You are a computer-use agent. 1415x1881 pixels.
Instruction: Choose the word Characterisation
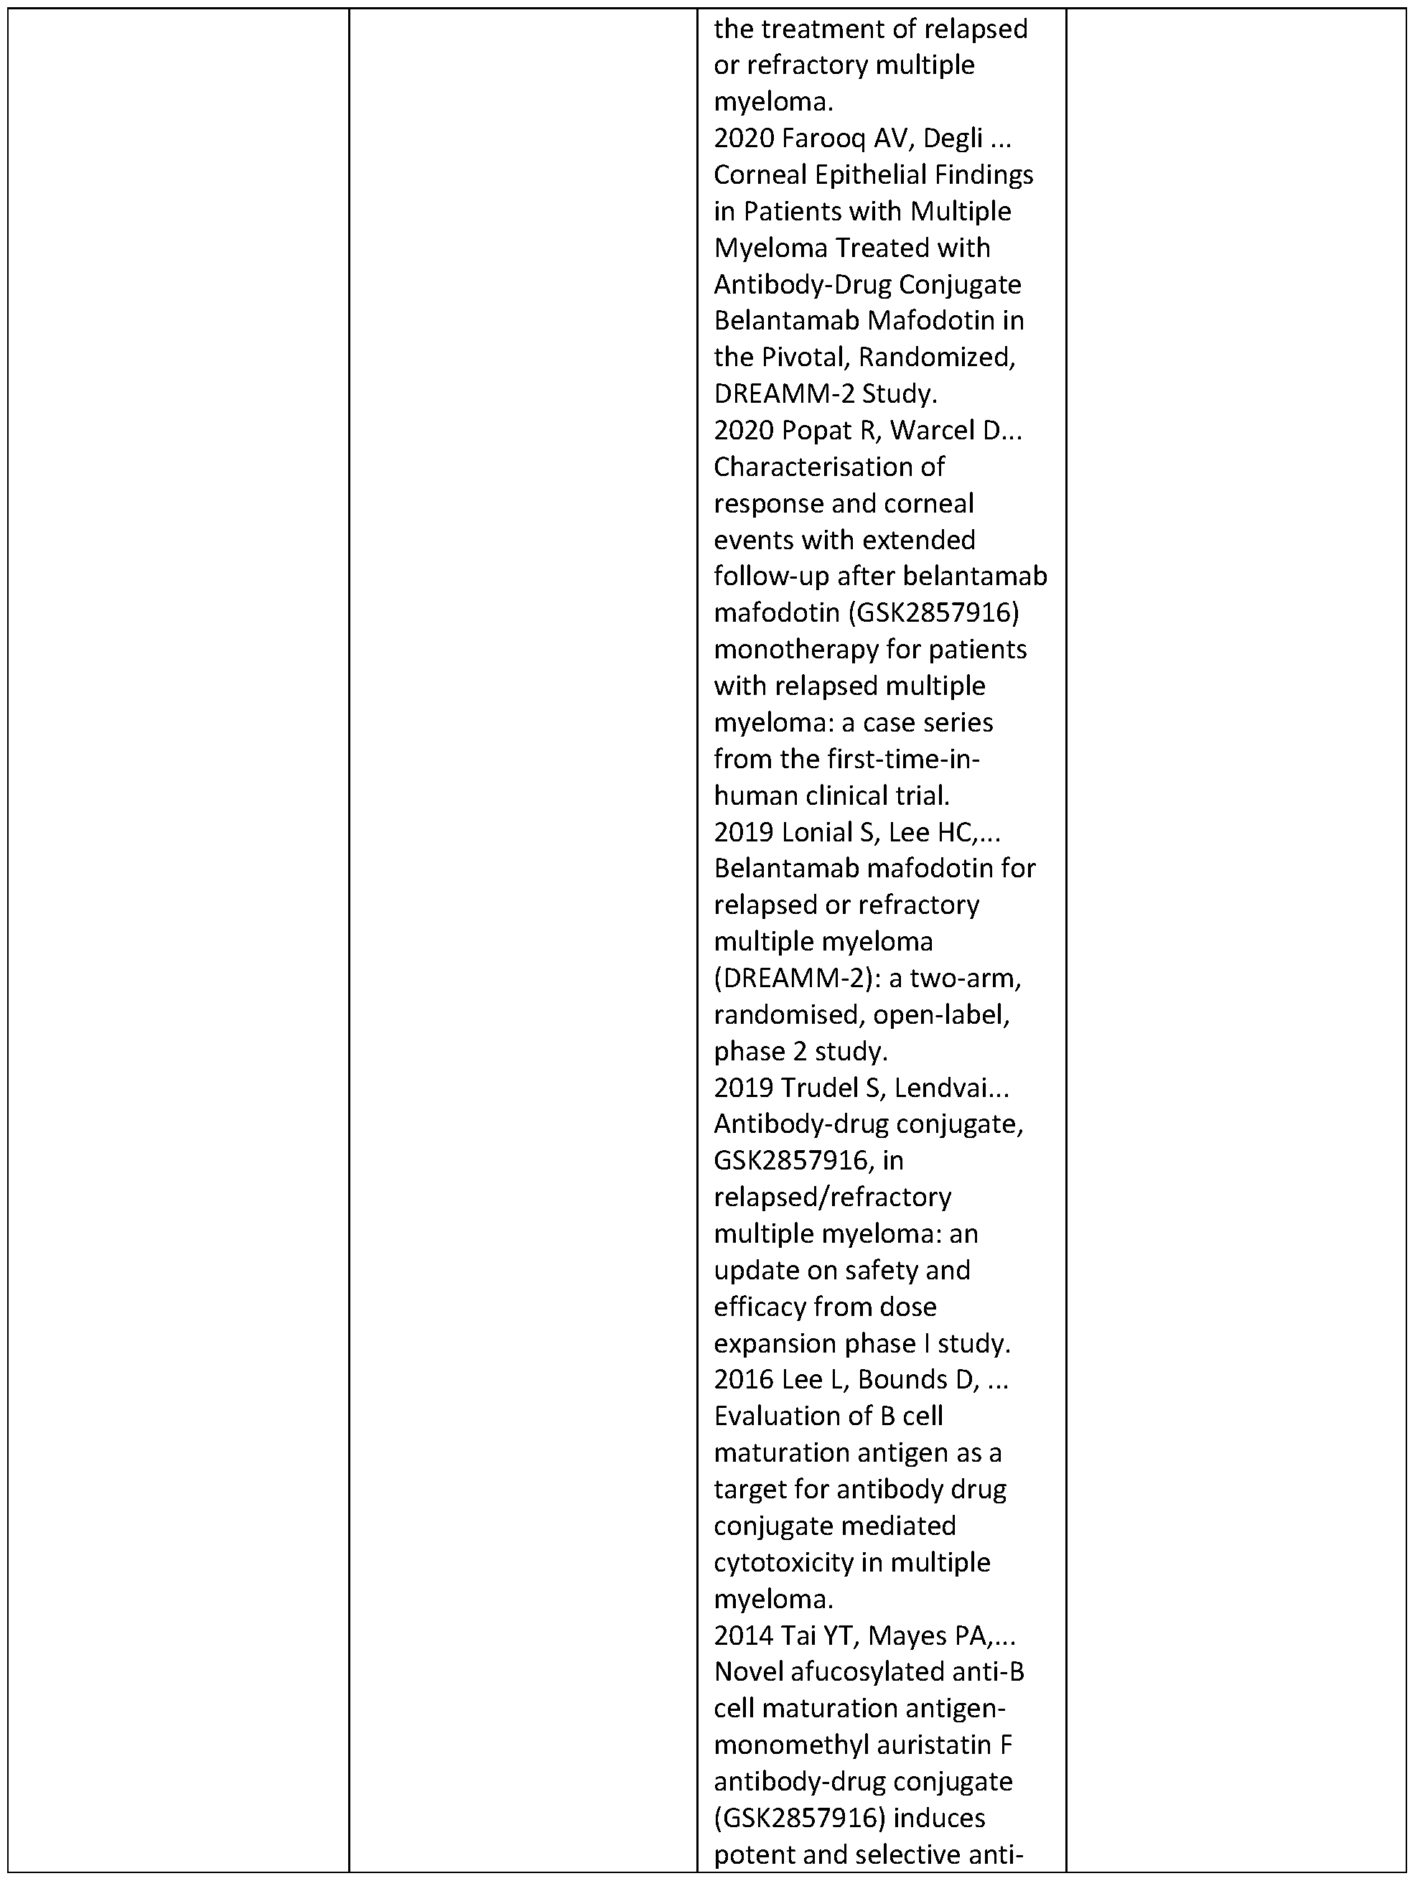(x=829, y=467)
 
